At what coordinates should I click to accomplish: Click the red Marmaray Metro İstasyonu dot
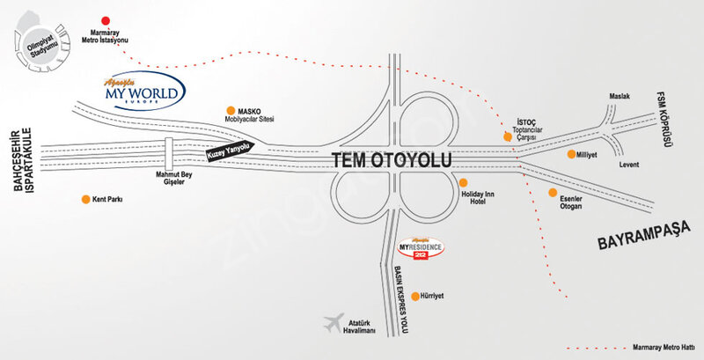[106, 20]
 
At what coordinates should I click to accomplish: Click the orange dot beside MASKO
[231, 110]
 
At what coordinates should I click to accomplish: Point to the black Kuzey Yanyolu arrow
[231, 151]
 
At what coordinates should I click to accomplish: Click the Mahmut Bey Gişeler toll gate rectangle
[169, 153]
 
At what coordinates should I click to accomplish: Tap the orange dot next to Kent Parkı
[85, 199]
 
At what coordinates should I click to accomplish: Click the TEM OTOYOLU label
[392, 160]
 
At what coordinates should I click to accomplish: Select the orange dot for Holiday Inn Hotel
[464, 182]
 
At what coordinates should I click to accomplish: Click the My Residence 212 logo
[422, 248]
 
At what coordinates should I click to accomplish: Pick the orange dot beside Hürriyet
[415, 297]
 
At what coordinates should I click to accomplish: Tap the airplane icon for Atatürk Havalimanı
[334, 322]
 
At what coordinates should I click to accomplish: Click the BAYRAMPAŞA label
[644, 236]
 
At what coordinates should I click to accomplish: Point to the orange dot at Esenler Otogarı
[553, 192]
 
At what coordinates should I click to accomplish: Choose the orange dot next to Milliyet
[571, 154]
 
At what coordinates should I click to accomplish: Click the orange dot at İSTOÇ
[508, 137]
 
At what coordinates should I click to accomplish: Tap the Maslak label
[620, 97]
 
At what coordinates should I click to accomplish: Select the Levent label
[629, 165]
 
